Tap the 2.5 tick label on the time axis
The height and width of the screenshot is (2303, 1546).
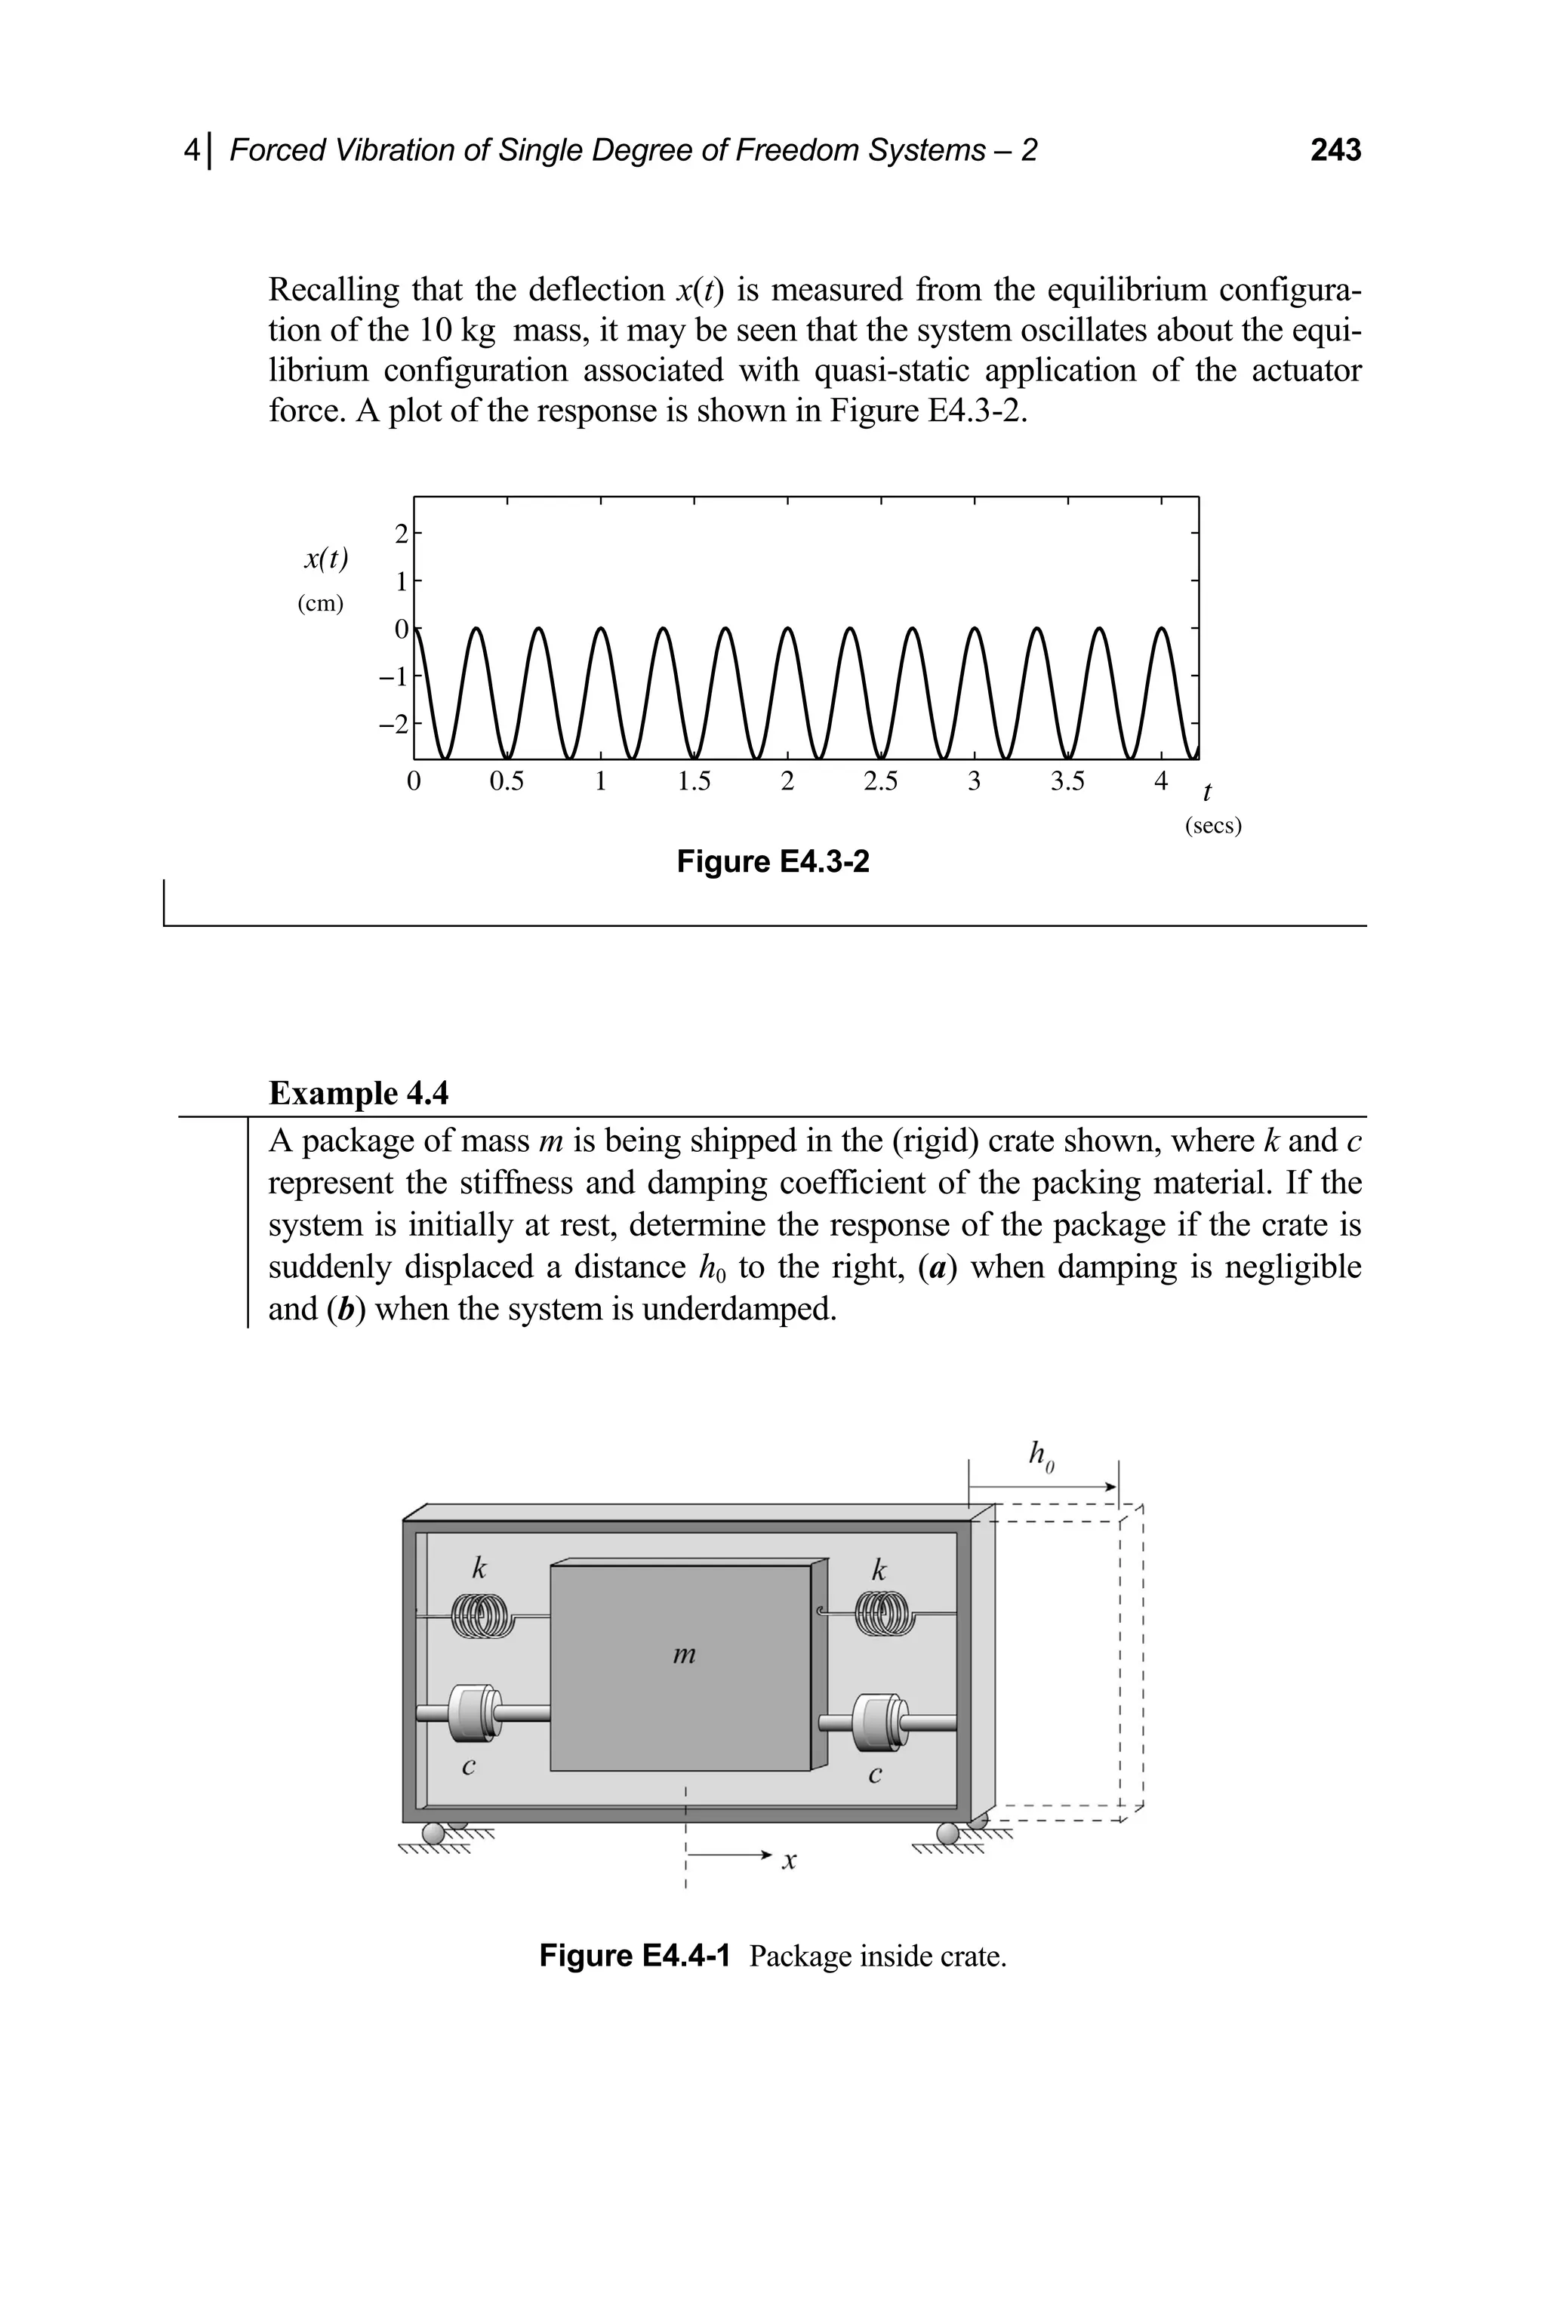pyautogui.click(x=880, y=782)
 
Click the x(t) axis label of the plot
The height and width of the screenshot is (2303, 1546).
pyautogui.click(x=325, y=559)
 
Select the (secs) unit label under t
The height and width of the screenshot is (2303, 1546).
pyautogui.click(x=1213, y=825)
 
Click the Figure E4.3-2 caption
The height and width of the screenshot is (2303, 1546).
pyautogui.click(x=773, y=863)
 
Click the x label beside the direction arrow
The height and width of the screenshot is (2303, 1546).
pyautogui.click(x=789, y=1861)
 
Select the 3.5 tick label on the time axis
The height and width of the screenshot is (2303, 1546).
pyautogui.click(x=1067, y=782)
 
